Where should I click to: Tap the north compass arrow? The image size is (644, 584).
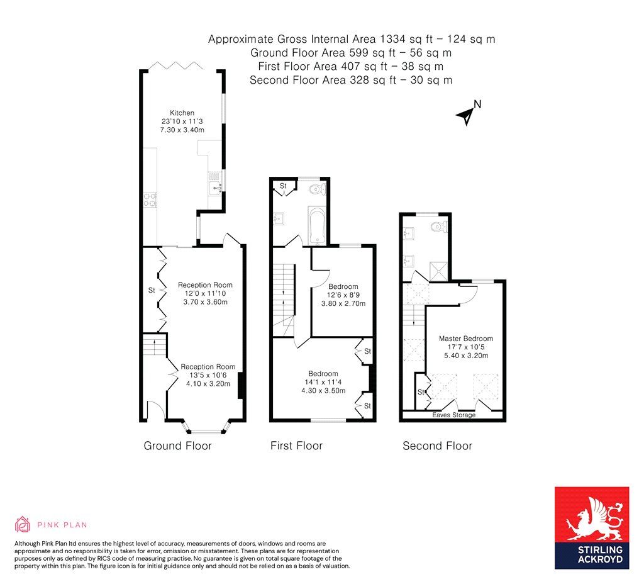[467, 115]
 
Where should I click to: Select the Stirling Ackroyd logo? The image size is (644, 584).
[591, 527]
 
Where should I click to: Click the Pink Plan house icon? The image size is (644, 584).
[23, 524]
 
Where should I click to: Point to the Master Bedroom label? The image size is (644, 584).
[465, 339]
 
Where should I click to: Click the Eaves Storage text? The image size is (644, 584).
[453, 415]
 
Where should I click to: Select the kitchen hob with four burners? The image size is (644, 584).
[150, 200]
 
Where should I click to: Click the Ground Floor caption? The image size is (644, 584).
[177, 446]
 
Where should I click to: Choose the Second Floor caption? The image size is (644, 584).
[437, 446]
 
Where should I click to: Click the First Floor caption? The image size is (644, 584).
[296, 446]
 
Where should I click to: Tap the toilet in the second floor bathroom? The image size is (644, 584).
[438, 227]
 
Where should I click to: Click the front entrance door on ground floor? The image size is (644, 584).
[155, 410]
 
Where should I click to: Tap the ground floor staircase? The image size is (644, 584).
[154, 345]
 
